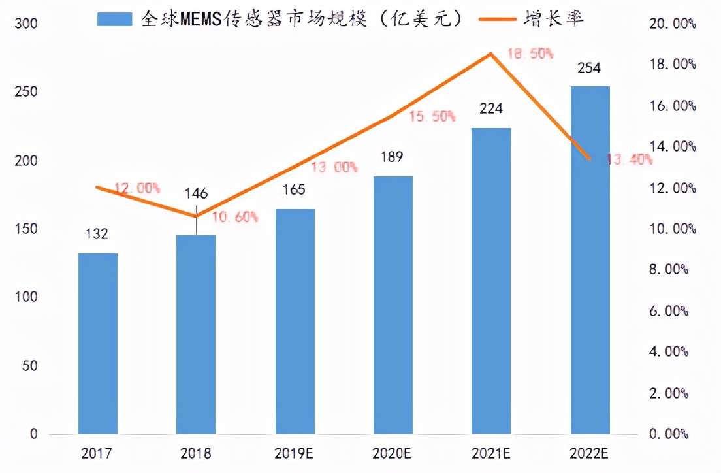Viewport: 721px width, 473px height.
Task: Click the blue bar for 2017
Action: coord(98,344)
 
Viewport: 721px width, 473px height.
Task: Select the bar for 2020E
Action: coord(393,305)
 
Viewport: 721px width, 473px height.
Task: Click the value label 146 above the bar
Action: coord(196,193)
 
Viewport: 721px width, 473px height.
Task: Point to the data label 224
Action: coord(491,108)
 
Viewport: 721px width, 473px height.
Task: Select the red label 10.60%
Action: coord(236,216)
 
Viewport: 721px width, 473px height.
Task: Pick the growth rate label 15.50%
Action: coord(431,116)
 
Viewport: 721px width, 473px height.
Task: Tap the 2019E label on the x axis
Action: coord(295,453)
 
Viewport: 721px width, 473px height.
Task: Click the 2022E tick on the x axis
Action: coord(590,453)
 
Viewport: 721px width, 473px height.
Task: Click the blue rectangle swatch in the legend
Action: coord(116,19)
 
